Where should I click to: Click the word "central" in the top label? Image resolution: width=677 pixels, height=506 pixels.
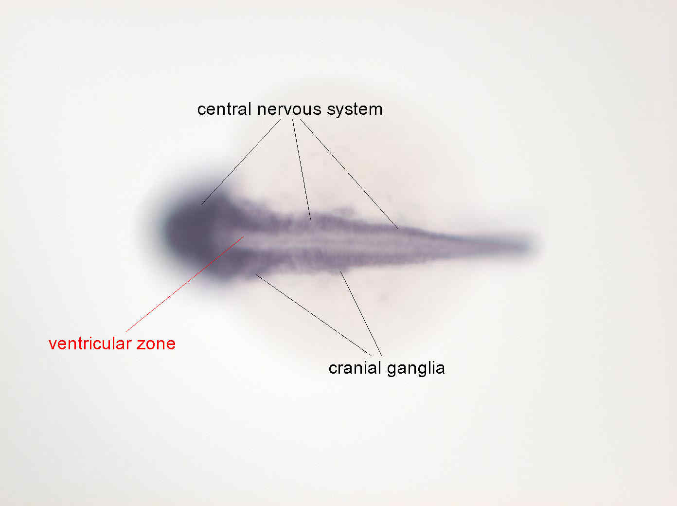tap(224, 109)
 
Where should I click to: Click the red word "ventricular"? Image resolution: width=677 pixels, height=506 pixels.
tap(90, 343)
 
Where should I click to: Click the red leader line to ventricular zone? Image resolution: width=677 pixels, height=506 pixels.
tap(185, 284)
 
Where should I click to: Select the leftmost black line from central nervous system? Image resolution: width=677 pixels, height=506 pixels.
tap(241, 162)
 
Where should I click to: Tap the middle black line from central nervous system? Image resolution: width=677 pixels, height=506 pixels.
tap(302, 169)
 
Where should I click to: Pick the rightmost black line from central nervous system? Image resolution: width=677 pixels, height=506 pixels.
tap(349, 174)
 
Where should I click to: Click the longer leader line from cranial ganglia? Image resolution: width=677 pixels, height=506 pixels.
tap(314, 315)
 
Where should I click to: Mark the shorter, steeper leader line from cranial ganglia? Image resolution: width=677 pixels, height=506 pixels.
tap(361, 314)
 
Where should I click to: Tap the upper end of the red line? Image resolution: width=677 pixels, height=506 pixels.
tap(243, 236)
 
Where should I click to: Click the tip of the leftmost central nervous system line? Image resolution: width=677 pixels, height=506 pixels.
tap(202, 204)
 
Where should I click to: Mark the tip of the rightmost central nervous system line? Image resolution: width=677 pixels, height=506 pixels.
tap(398, 229)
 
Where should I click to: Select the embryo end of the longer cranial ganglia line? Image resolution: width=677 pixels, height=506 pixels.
tap(256, 274)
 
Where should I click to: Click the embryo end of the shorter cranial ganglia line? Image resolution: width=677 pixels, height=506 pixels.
tap(340, 272)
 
